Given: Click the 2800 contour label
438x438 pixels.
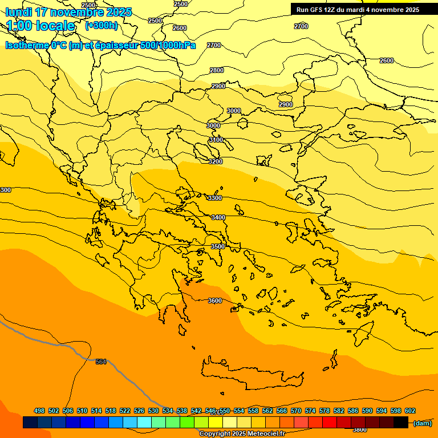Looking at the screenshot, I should click(217, 70).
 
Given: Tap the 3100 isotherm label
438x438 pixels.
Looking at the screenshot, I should click(216, 140).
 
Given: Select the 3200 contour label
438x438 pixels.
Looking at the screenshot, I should click(216, 161).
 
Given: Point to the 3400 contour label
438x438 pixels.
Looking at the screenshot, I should click(218, 217).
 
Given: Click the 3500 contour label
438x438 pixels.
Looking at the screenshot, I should click(218, 246).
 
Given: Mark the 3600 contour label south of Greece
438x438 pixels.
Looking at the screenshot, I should click(215, 301).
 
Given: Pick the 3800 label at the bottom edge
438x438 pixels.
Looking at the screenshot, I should click(360, 429).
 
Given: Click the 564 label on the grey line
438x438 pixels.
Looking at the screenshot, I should click(101, 362).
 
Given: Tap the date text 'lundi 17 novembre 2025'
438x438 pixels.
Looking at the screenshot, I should click(68, 12).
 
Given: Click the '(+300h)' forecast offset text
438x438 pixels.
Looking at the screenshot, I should click(102, 25).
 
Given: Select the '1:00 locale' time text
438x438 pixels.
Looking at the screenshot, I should click(40, 26).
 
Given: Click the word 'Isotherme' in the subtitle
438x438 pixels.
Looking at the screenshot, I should click(26, 46).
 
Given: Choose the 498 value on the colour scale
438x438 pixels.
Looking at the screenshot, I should click(39, 411).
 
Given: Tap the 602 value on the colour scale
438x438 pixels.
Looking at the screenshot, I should click(410, 411).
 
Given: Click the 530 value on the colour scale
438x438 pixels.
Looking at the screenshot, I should click(153, 411).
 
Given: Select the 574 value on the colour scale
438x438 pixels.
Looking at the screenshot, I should click(310, 411).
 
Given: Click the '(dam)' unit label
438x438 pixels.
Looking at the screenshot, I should click(422, 423).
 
